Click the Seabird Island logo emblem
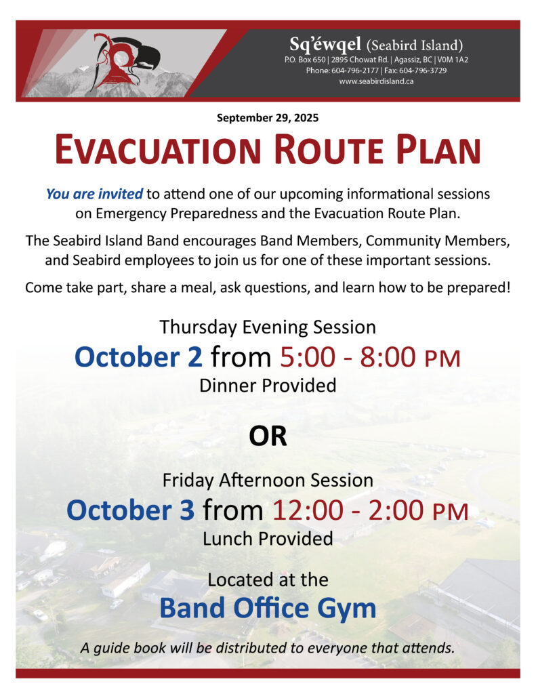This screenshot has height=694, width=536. tap(125, 61)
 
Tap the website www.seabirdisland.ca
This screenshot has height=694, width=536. tap(376, 81)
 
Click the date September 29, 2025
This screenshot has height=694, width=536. tap(268, 118)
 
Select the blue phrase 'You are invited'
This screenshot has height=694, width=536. tap(94, 194)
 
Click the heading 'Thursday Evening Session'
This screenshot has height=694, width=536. tap(268, 327)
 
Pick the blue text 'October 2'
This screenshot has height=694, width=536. tap(138, 356)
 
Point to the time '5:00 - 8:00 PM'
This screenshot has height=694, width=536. tap(370, 357)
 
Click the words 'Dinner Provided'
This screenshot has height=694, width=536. tap(268, 386)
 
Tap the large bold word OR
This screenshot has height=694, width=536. tap(268, 436)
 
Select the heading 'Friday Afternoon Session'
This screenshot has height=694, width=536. tap(268, 481)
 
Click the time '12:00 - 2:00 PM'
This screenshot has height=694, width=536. tap(370, 510)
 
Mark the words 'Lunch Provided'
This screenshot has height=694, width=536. tap(268, 539)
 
